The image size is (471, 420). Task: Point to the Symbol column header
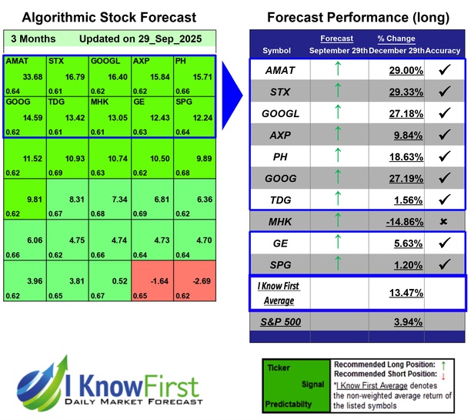(277, 50)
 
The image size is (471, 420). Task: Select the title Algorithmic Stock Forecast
(109, 17)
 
